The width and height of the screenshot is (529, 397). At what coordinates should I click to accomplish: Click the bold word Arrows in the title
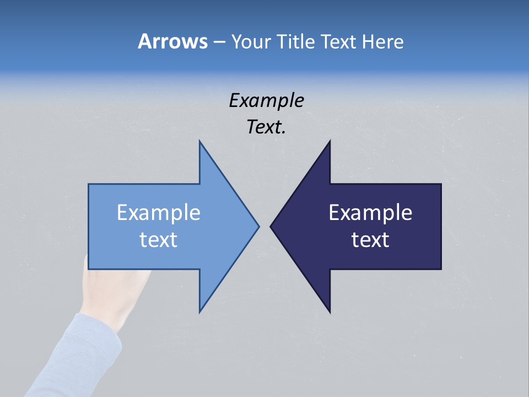pyautogui.click(x=172, y=41)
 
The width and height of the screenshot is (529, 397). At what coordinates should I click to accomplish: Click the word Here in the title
pyautogui.click(x=382, y=41)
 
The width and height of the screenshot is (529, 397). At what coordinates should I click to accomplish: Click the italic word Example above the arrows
pyautogui.click(x=266, y=100)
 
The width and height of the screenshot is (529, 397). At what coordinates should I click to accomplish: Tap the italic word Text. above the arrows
pyautogui.click(x=266, y=127)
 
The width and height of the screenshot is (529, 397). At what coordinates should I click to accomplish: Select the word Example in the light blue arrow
pyautogui.click(x=158, y=212)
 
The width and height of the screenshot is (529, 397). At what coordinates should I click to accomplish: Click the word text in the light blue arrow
pyautogui.click(x=158, y=239)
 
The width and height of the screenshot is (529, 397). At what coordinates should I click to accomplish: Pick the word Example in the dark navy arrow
pyautogui.click(x=370, y=212)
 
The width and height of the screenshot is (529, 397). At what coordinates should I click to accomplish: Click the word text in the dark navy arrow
pyautogui.click(x=370, y=239)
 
